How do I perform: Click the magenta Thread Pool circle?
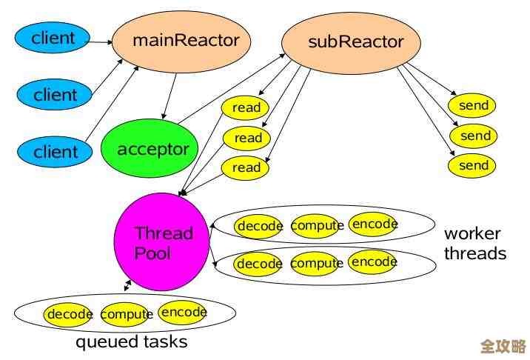tap(161, 242)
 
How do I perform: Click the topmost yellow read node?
tap(246, 107)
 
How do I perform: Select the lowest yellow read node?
tap(246, 167)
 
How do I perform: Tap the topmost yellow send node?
tap(473, 105)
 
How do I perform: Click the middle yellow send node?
tap(474, 136)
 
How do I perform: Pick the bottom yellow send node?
tap(473, 165)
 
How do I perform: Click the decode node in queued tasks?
tap(69, 314)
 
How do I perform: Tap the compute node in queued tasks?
tap(124, 314)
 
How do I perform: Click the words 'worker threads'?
tap(474, 243)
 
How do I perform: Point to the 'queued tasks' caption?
tap(131, 341)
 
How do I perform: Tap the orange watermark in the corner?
tap(503, 346)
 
